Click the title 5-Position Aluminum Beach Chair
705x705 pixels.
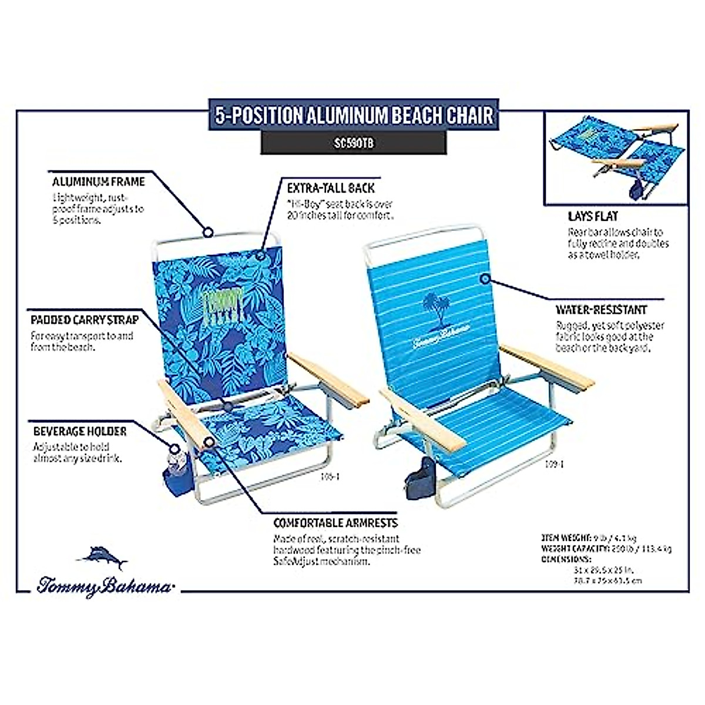click(353, 115)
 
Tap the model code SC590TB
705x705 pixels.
click(353, 143)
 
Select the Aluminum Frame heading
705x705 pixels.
click(98, 182)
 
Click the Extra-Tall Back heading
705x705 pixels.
click(330, 188)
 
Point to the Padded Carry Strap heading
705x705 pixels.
click(85, 320)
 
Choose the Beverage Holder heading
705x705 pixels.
click(80, 431)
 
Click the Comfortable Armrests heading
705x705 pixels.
click(335, 523)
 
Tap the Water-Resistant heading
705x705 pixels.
click(601, 310)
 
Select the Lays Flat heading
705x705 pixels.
click(593, 216)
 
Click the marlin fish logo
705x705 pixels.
click(103, 557)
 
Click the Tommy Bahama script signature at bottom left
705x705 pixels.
click(105, 586)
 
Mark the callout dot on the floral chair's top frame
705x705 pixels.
click(207, 231)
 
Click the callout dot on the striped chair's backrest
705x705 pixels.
click(485, 278)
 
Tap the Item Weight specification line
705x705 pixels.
click(588, 538)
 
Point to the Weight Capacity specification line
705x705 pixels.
click(606, 549)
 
